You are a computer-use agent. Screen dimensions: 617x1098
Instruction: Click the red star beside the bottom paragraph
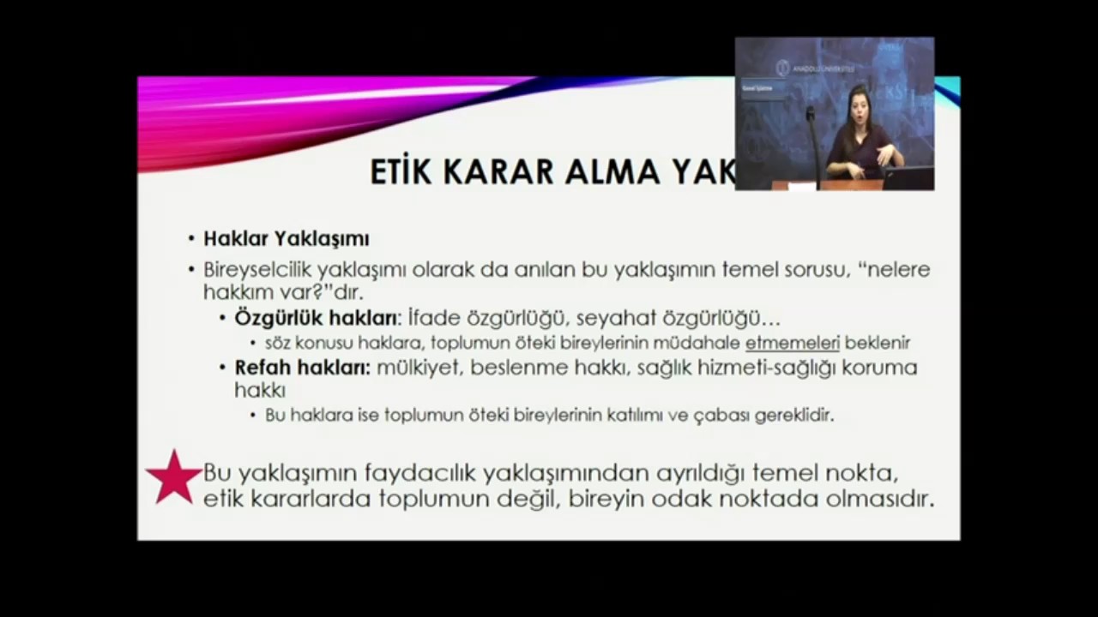[x=174, y=478]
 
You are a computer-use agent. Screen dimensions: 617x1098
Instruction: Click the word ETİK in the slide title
[x=401, y=171]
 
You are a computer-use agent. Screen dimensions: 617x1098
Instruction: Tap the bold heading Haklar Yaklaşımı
[x=286, y=238]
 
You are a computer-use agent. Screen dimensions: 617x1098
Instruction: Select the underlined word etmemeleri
[x=792, y=343]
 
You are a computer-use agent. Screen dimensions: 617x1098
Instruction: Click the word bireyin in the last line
[x=606, y=499]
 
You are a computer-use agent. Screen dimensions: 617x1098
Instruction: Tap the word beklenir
[x=877, y=343]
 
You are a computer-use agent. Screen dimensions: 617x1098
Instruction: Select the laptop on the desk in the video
[x=908, y=177]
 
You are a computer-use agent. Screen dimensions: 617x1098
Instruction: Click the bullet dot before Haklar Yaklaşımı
[x=192, y=239]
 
